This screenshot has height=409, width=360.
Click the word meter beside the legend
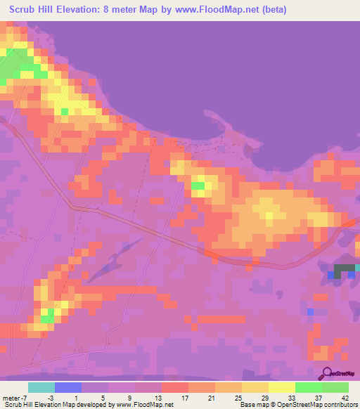point(13,397)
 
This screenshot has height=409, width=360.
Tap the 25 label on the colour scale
point(229,397)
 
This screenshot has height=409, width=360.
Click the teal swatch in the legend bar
point(41,387)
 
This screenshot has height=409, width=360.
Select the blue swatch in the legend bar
point(68,387)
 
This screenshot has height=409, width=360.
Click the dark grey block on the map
point(344,269)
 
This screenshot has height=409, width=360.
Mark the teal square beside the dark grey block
point(357,267)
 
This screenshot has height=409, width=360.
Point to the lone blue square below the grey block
point(310,311)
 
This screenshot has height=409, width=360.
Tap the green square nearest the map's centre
point(198,186)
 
